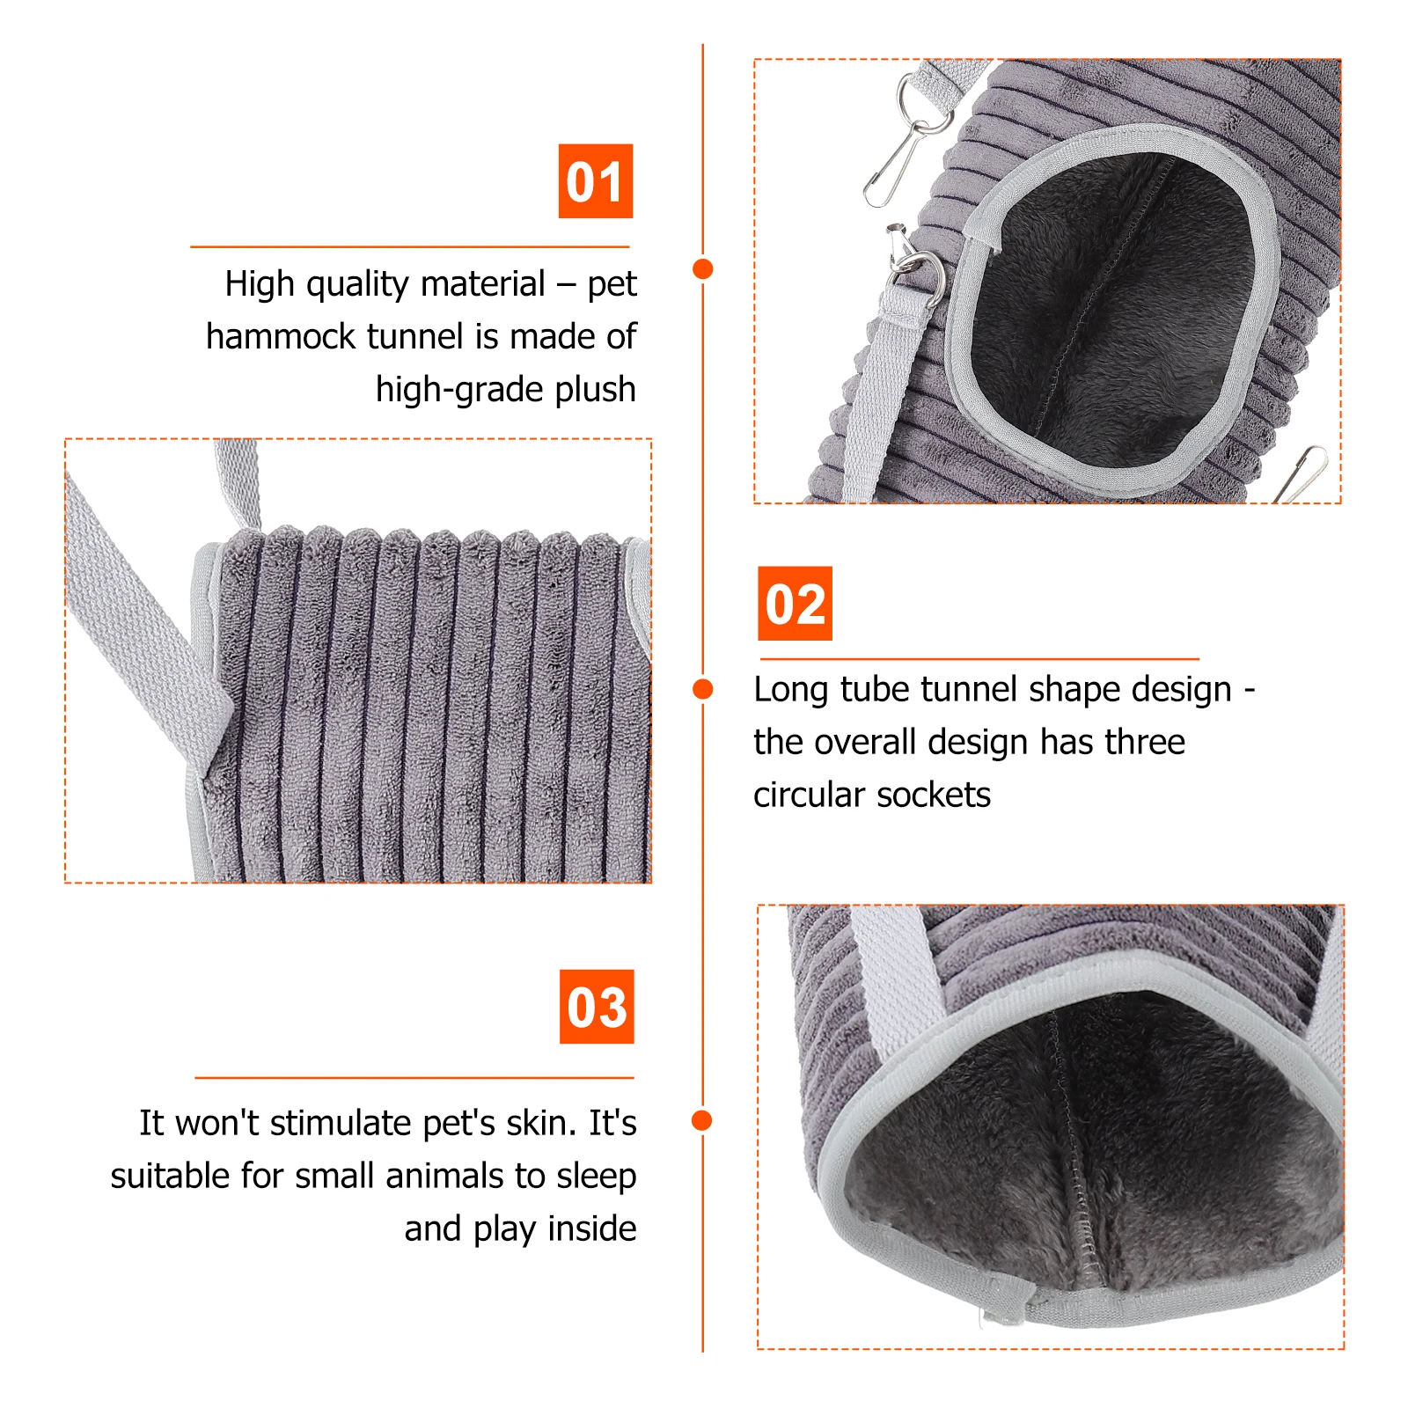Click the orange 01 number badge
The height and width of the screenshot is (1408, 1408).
pyautogui.click(x=596, y=181)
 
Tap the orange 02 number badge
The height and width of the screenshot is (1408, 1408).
pyautogui.click(x=795, y=604)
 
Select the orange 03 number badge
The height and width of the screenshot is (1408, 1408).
pyautogui.click(x=597, y=1007)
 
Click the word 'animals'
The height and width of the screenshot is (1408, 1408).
pyautogui.click(x=444, y=1177)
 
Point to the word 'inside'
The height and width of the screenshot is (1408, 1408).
pyautogui.click(x=591, y=1228)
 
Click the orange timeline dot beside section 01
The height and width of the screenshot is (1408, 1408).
pyautogui.click(x=702, y=269)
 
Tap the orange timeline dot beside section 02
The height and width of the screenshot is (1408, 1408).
pyautogui.click(x=702, y=689)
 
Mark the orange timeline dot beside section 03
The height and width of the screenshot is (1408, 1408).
pyautogui.click(x=702, y=1120)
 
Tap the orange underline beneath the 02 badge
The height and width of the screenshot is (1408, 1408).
pyautogui.click(x=979, y=658)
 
